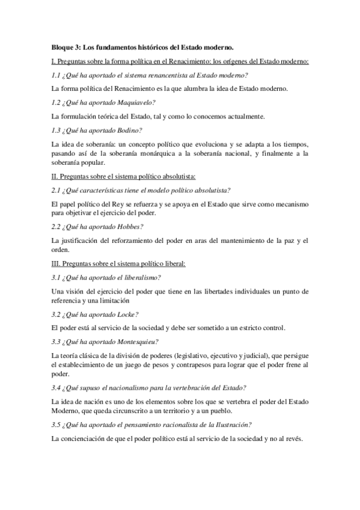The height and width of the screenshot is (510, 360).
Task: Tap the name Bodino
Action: point(126,130)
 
